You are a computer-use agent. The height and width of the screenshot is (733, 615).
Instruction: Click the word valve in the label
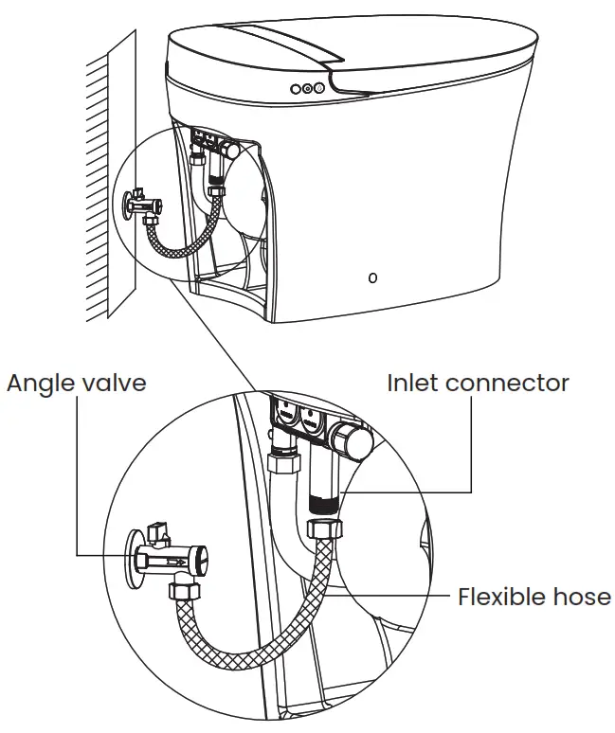(x=117, y=383)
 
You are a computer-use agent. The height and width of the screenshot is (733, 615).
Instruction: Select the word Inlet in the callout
(x=413, y=383)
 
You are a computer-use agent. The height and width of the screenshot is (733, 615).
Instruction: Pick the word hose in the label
(x=582, y=597)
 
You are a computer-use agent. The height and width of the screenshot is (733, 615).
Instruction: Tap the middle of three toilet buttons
(x=306, y=88)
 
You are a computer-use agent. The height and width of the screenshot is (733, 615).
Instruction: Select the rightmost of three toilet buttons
(x=318, y=88)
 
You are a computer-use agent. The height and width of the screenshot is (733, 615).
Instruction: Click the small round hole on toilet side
(x=372, y=277)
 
